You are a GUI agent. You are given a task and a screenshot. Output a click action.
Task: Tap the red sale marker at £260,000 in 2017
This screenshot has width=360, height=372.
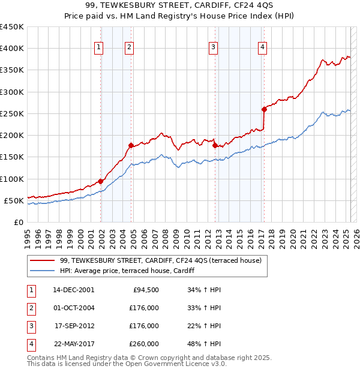click(x=264, y=109)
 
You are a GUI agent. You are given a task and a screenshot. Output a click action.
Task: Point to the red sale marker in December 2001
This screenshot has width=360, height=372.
click(x=101, y=181)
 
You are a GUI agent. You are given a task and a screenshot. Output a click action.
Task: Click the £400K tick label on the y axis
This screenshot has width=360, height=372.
click(x=11, y=49)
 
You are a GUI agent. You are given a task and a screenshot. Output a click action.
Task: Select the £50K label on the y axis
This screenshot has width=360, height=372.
click(x=14, y=200)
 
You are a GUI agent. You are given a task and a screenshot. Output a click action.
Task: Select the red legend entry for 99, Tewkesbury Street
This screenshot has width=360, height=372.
click(x=160, y=261)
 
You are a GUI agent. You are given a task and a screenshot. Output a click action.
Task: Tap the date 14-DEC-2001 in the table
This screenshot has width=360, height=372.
click(x=74, y=289)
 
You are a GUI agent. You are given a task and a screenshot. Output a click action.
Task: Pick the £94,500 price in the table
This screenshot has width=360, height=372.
click(x=145, y=289)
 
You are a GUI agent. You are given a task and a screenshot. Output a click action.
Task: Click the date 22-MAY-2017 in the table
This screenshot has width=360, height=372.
click(x=74, y=344)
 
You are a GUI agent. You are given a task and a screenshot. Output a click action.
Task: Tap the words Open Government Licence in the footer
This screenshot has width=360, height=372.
click(x=175, y=364)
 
